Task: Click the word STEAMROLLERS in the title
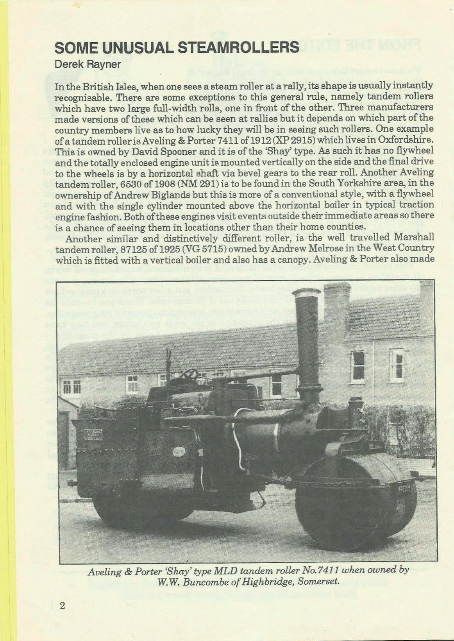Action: [238, 47]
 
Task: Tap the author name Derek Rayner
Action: [88, 64]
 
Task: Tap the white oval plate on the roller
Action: [179, 452]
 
